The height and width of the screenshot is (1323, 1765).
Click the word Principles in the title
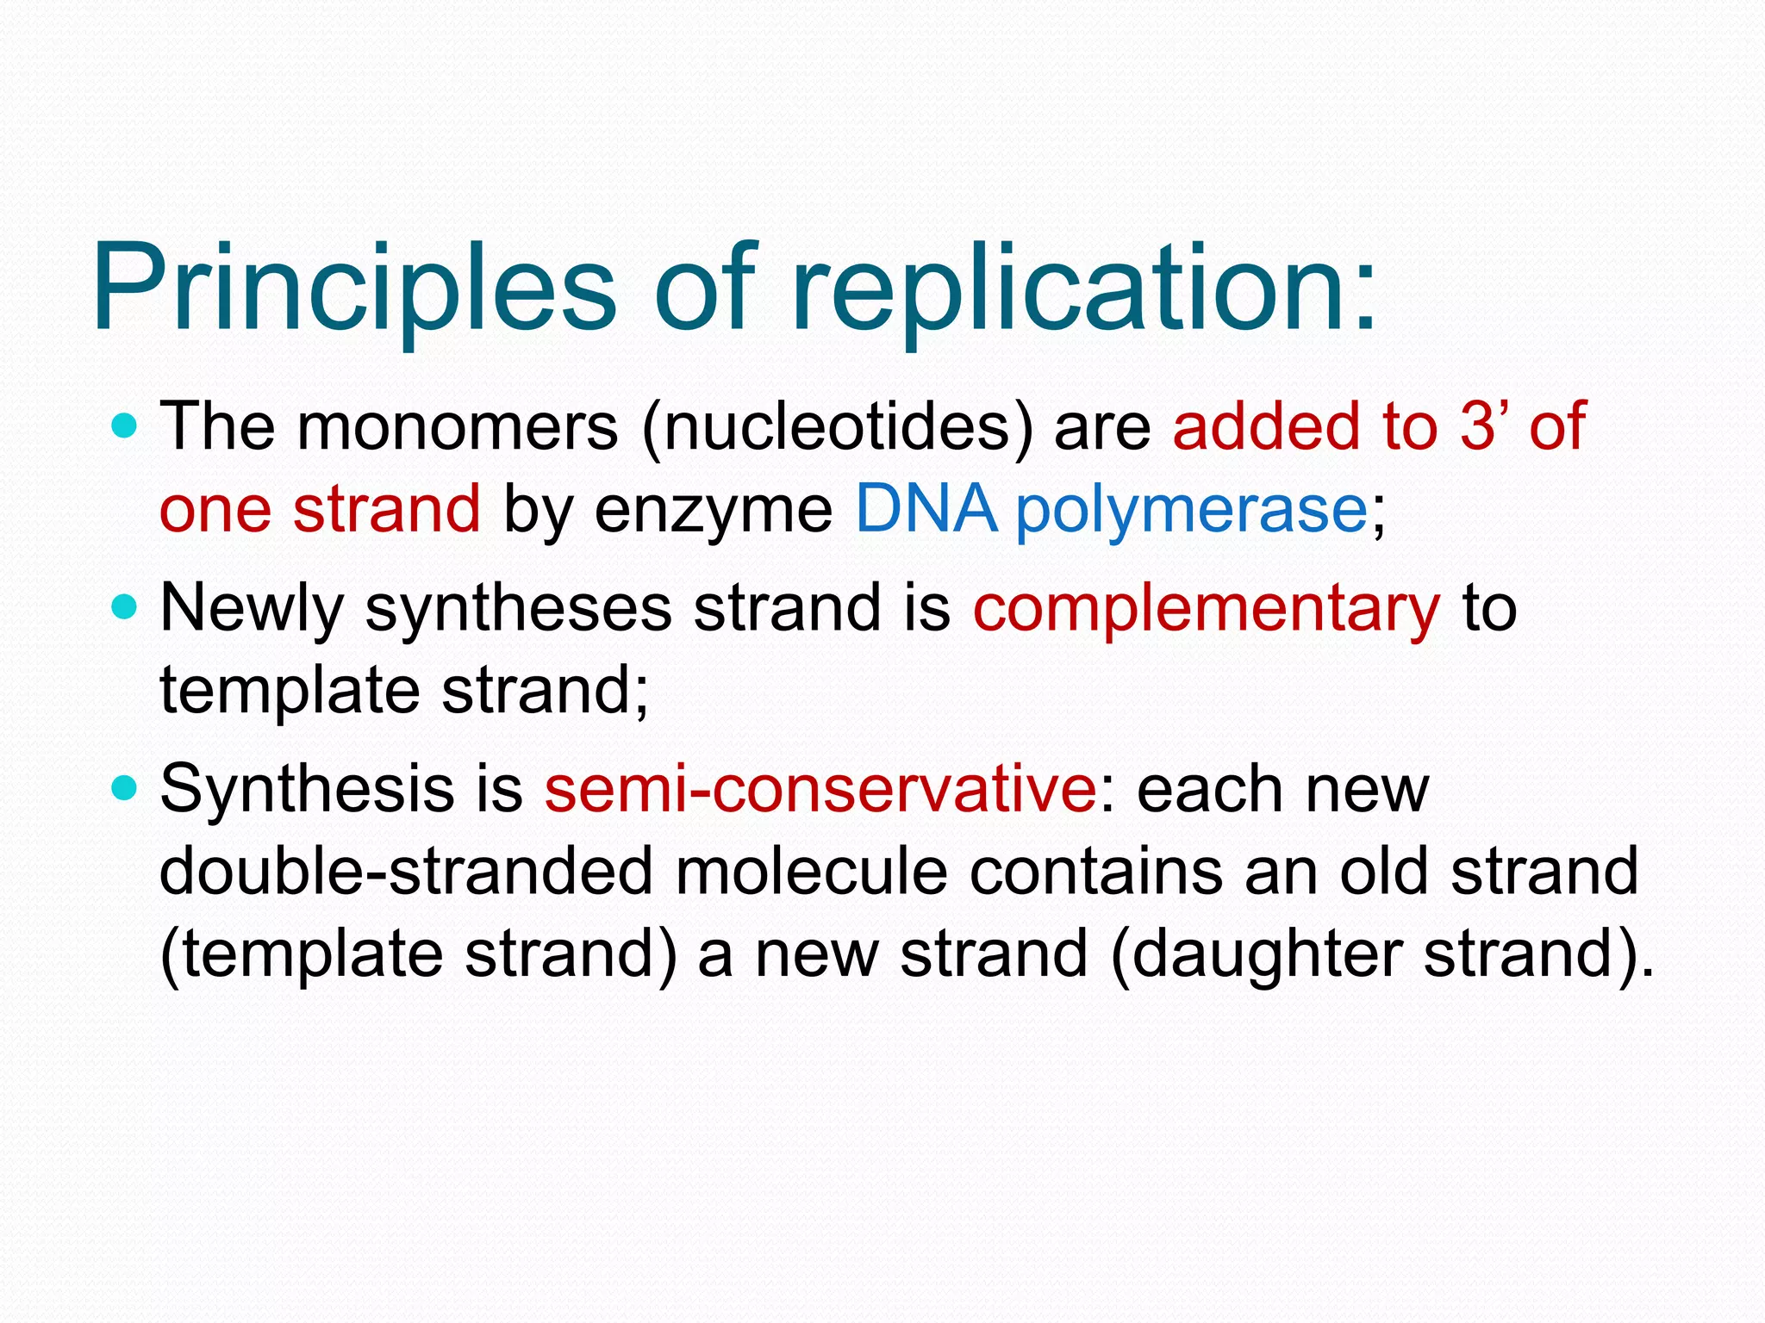tap(354, 289)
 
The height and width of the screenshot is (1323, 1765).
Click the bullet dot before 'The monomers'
tap(125, 425)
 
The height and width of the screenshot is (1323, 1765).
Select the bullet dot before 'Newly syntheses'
tap(125, 608)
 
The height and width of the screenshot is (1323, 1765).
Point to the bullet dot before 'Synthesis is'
tap(125, 788)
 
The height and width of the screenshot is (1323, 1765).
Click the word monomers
tap(458, 427)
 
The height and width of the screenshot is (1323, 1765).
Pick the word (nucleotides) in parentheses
tap(837, 427)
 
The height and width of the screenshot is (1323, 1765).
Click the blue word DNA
tap(926, 508)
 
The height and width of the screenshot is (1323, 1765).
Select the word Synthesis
tap(307, 789)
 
